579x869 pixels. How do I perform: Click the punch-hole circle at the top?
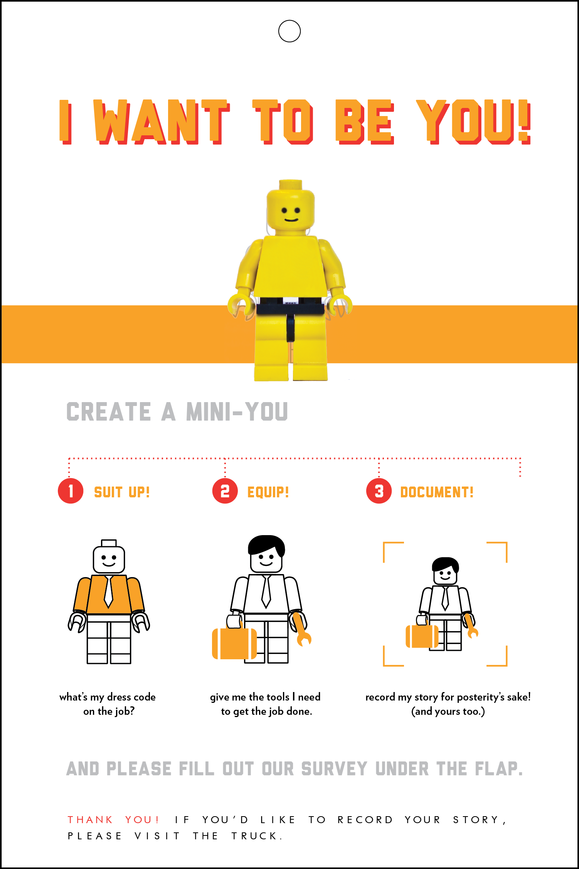coord(289,31)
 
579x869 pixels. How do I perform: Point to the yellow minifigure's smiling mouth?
coord(291,220)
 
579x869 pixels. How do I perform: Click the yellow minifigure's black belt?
coord(289,307)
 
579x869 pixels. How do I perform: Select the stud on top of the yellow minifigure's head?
coord(291,184)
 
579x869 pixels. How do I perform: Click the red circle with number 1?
coord(71,491)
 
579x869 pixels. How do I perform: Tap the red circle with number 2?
coord(225,491)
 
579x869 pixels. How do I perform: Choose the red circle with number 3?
coord(379,491)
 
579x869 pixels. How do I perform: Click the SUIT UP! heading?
coord(122,492)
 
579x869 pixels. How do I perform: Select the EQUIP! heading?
coord(268,492)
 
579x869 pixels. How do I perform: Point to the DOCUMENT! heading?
coord(437,492)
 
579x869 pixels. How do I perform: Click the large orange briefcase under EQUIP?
coord(234,643)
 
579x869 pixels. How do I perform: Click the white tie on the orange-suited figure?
coord(109,592)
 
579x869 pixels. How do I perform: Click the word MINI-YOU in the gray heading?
coord(237,412)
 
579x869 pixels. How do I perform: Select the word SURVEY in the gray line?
coord(334,769)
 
